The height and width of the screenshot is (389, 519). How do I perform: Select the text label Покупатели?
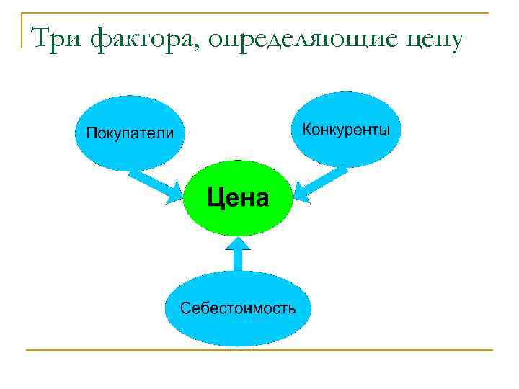[x=130, y=133]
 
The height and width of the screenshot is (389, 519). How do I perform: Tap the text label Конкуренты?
[x=346, y=130]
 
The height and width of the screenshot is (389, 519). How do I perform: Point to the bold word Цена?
[x=238, y=197]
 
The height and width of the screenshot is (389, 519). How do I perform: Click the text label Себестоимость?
[x=238, y=308]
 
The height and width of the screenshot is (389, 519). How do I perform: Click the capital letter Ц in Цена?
[x=216, y=197]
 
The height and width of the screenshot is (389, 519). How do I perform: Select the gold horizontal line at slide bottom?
[x=259, y=350]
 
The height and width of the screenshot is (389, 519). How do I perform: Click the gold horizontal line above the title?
[x=259, y=13]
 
